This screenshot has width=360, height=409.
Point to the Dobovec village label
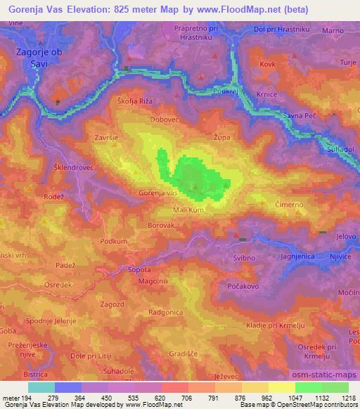click(167, 121)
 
